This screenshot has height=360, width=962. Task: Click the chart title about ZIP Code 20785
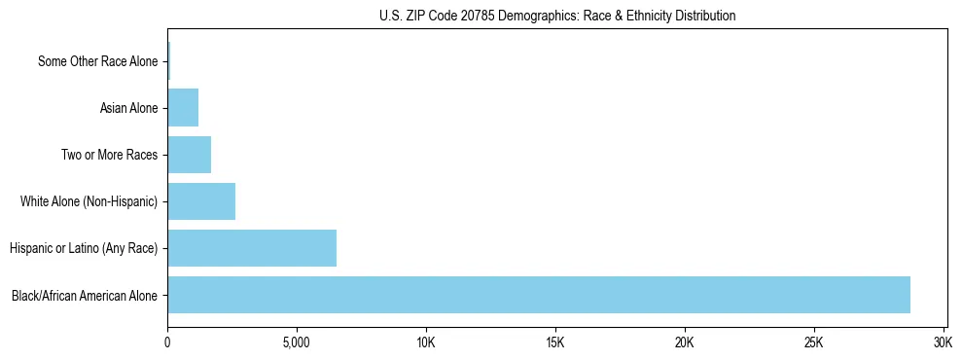[557, 16]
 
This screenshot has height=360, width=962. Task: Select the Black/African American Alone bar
[539, 295]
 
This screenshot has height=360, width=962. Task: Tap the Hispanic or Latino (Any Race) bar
[252, 248]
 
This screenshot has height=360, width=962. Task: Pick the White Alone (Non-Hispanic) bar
[201, 201]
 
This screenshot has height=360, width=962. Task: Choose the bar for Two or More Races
[189, 155]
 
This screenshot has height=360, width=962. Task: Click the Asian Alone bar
[183, 108]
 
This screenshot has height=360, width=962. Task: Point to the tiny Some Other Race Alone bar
[168, 61]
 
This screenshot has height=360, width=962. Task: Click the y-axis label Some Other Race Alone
[97, 62]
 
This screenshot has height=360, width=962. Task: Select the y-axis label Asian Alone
[128, 109]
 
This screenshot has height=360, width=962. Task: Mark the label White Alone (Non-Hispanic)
[89, 202]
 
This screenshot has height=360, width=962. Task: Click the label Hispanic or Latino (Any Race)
[84, 249]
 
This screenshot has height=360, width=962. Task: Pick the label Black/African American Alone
[85, 296]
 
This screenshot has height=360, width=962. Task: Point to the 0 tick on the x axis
[167, 343]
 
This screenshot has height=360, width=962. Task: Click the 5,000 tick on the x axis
[297, 343]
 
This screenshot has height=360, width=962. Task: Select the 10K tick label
[426, 343]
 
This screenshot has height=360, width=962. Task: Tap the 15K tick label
[555, 343]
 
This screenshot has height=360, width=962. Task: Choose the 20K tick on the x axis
[685, 343]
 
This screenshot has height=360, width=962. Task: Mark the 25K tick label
[814, 343]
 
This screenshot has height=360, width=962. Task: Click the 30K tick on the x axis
[943, 343]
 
